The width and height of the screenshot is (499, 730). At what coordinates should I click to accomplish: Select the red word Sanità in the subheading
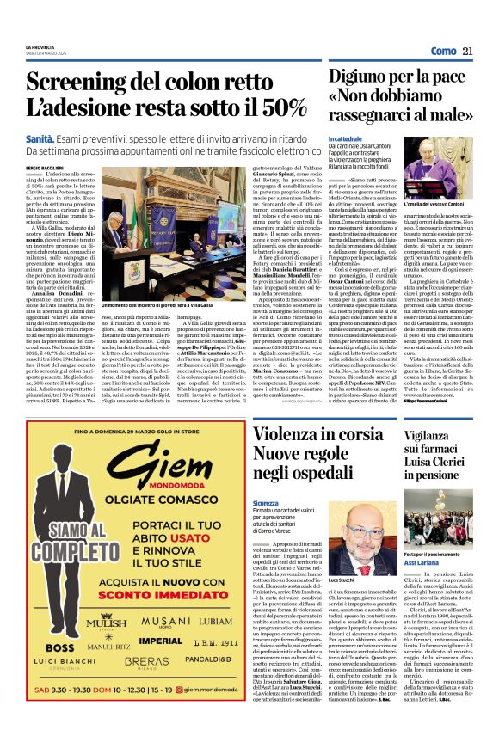tap(40, 138)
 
